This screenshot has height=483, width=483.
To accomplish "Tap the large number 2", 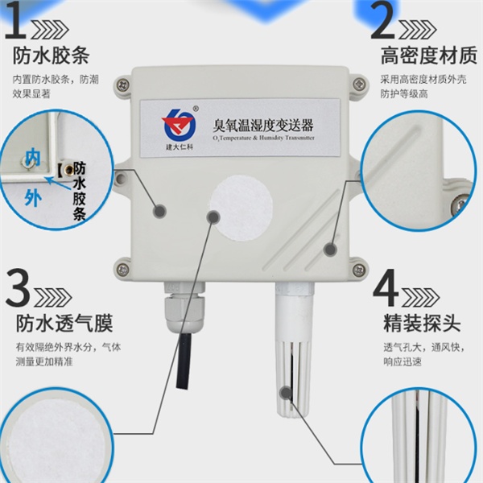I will (382, 24).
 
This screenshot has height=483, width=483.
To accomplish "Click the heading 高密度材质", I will (423, 57).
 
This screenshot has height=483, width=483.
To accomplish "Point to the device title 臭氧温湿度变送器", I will (262, 126).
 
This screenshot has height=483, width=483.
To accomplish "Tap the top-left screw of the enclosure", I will (123, 83).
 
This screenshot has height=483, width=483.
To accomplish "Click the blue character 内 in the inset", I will (33, 155).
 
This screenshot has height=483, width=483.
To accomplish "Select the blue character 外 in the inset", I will (32, 196).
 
